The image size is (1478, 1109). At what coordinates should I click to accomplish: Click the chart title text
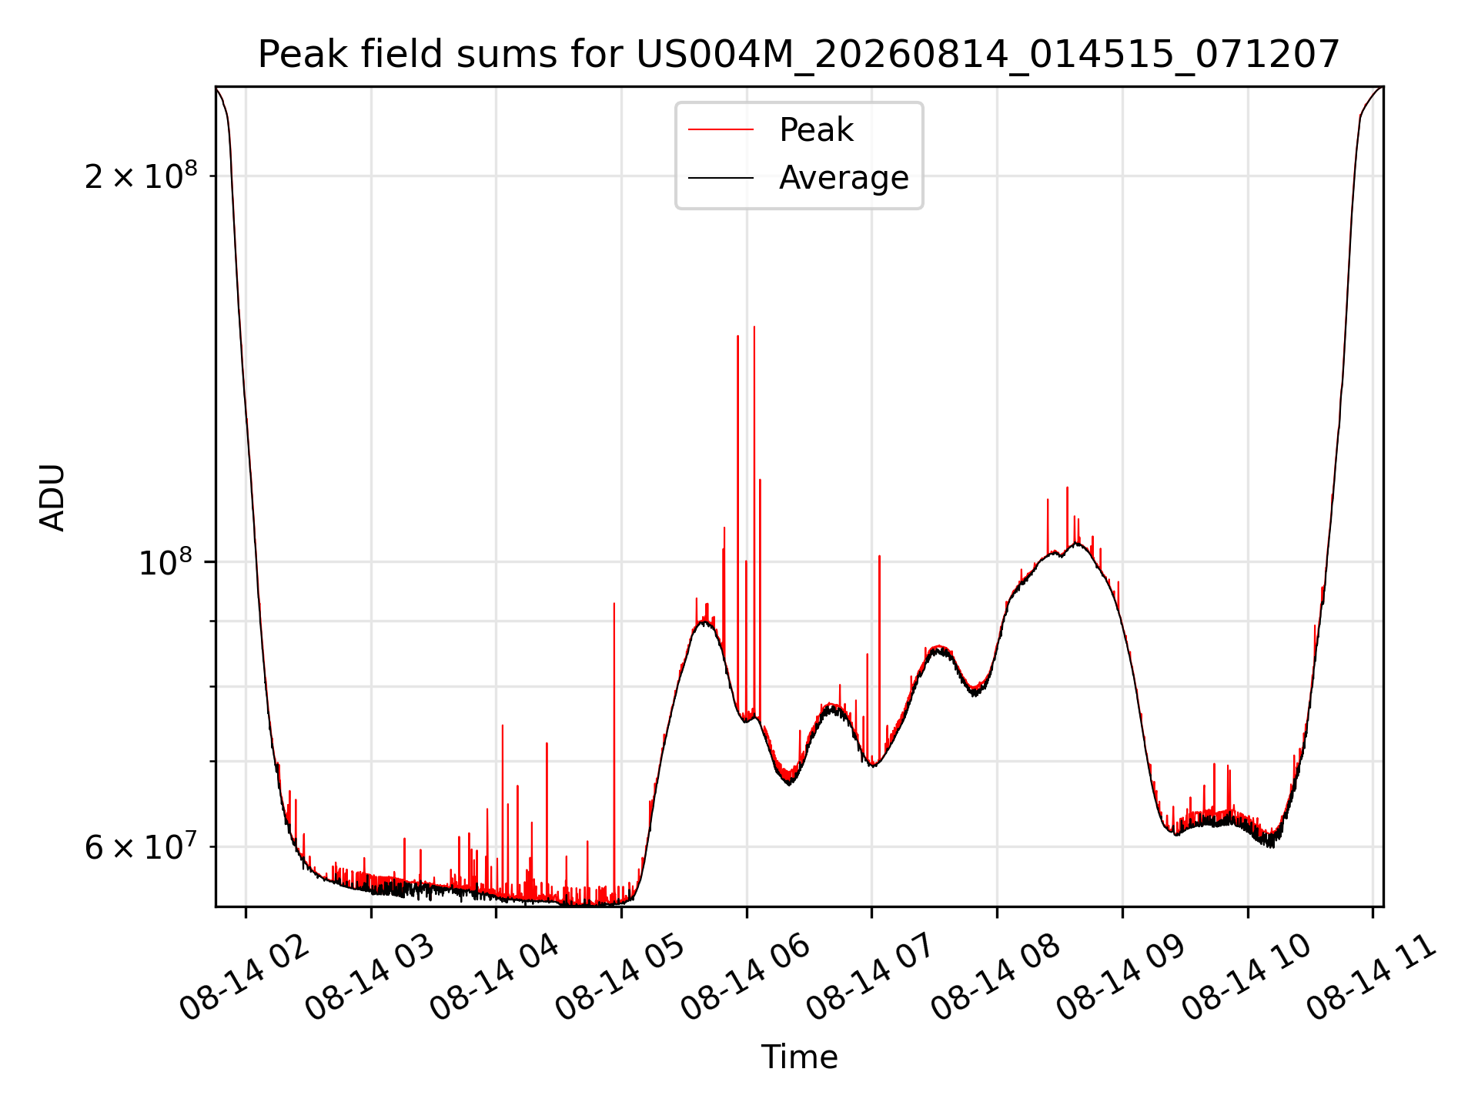(x=799, y=55)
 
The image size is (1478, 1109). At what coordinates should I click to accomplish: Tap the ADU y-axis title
(x=52, y=497)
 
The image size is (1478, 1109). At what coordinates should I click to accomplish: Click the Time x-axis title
(x=799, y=1057)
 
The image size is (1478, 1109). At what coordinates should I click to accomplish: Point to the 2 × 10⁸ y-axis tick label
(x=141, y=176)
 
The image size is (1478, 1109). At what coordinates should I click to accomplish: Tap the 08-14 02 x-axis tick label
(x=245, y=978)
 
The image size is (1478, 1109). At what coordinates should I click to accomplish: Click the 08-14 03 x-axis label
(x=370, y=978)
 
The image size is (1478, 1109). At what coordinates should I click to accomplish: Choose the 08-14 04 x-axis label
(x=495, y=978)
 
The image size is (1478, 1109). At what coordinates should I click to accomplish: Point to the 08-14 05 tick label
(x=620, y=978)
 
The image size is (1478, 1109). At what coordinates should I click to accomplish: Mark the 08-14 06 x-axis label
(x=746, y=978)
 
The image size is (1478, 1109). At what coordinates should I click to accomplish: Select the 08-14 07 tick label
(x=871, y=978)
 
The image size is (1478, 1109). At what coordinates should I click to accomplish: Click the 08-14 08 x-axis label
(x=996, y=978)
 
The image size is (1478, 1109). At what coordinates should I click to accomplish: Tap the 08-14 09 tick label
(x=1122, y=978)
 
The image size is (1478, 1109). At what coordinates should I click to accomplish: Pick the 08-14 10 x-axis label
(x=1247, y=978)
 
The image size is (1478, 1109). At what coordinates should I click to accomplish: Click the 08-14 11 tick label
(x=1372, y=978)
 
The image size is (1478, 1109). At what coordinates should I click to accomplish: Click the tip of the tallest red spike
(x=754, y=327)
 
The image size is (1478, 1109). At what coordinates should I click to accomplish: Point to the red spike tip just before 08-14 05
(x=614, y=603)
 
